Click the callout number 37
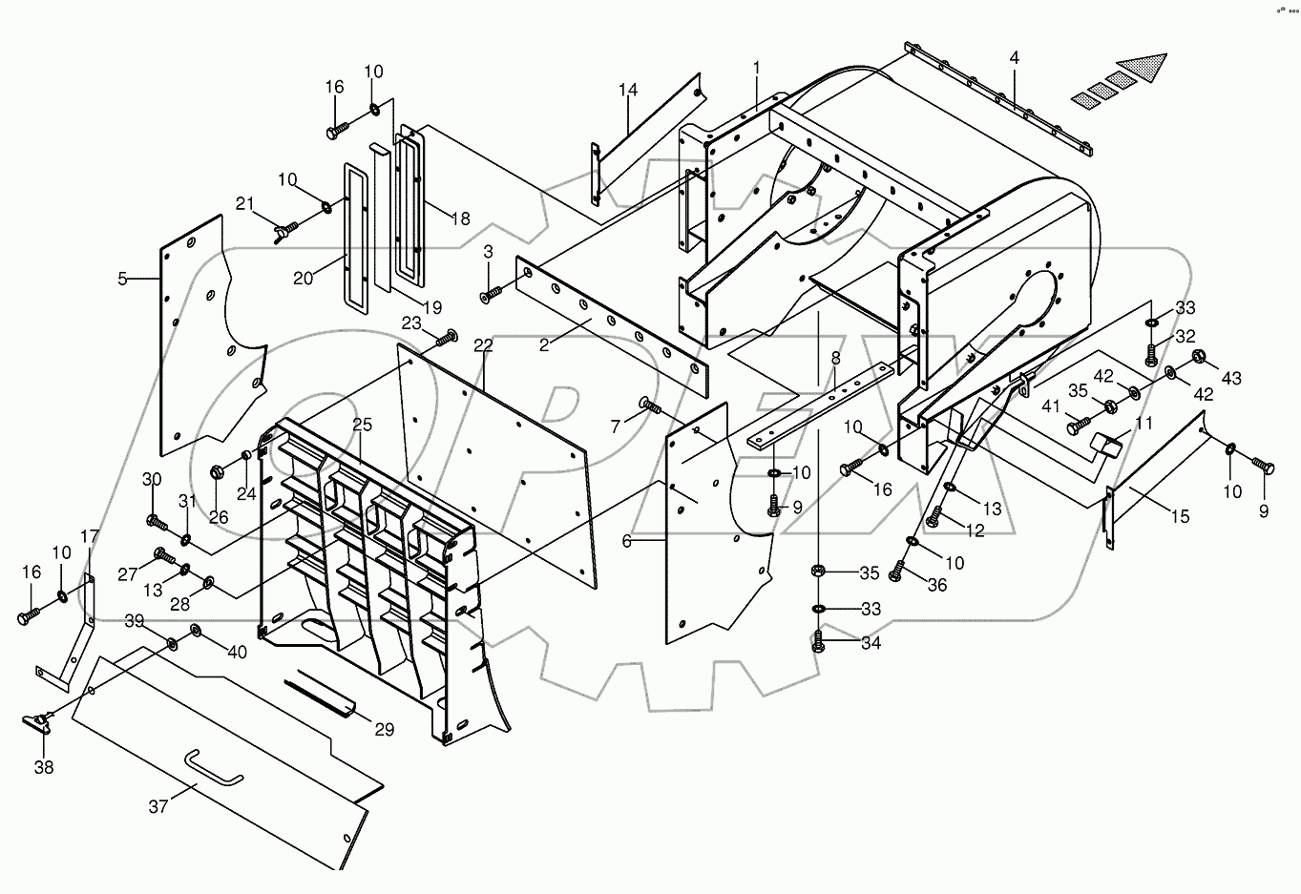coord(158,806)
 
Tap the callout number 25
coord(362,424)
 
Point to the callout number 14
coord(627,90)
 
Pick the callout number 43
coord(1230,379)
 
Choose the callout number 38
coord(45,766)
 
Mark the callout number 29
coord(384,730)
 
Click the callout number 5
coord(122,279)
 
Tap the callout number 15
coord(1180,516)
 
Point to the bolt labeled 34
coord(819,642)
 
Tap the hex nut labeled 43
coord(1199,359)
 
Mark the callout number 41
coord(1051,406)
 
